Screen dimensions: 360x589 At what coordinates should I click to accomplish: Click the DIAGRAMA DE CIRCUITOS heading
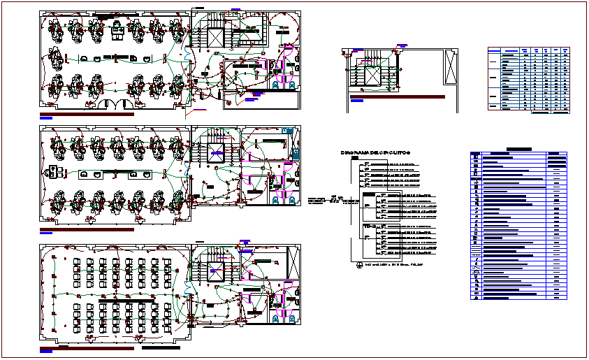click(375, 152)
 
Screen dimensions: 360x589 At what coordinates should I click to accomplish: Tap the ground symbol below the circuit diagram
click(358, 264)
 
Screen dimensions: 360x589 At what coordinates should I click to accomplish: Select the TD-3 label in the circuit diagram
click(368, 228)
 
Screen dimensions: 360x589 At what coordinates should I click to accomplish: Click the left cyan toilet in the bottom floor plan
click(276, 319)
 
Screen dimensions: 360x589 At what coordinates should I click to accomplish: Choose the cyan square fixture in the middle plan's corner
click(287, 130)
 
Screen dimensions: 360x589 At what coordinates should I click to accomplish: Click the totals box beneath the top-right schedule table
click(550, 111)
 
